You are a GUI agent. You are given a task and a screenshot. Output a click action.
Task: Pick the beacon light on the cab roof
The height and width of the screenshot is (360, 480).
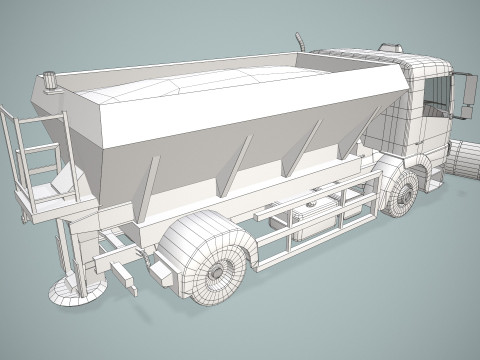pyautogui.click(x=388, y=45)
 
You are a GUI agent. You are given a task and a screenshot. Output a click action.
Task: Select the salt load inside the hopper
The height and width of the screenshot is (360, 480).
pyautogui.click(x=200, y=85)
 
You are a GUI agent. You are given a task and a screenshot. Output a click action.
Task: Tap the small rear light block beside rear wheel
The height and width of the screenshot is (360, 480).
pyautogui.click(x=158, y=267)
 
